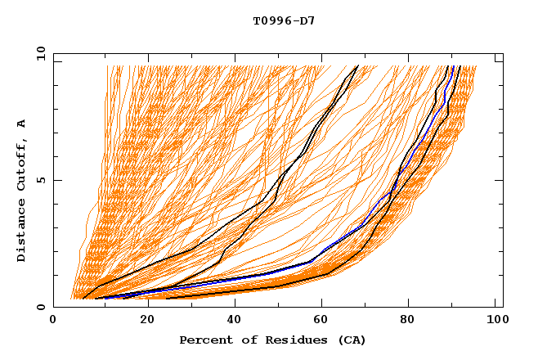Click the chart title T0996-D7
pos(284,21)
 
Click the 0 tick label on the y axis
pos(40,307)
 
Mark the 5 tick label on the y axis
pos(40,180)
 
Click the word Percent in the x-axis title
pos(204,340)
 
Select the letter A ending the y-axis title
pos(22,124)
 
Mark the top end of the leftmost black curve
pos(357,65)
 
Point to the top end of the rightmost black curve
pos(460,65)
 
